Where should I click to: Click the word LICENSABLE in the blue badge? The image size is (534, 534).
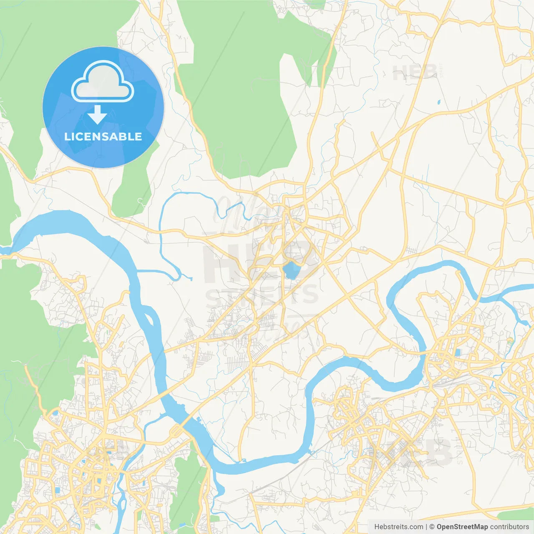click(x=103, y=137)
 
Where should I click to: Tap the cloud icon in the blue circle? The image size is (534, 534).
click(x=103, y=83)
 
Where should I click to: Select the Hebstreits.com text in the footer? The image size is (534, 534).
click(x=398, y=527)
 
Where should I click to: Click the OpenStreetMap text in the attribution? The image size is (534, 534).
click(x=462, y=527)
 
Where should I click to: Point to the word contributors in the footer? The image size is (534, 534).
click(x=509, y=527)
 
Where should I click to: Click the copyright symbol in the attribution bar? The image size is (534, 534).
click(x=432, y=527)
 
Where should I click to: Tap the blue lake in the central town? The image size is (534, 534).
click(x=291, y=270)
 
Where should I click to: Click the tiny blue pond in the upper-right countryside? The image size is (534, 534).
click(x=438, y=102)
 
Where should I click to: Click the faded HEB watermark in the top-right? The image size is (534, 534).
click(x=414, y=73)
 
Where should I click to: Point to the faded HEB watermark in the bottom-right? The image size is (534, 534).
click(x=421, y=453)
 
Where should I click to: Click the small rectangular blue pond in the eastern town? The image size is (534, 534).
click(x=458, y=353)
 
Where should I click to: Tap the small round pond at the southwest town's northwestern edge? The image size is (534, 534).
click(x=55, y=413)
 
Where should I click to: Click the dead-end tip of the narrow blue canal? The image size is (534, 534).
click(x=191, y=278)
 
